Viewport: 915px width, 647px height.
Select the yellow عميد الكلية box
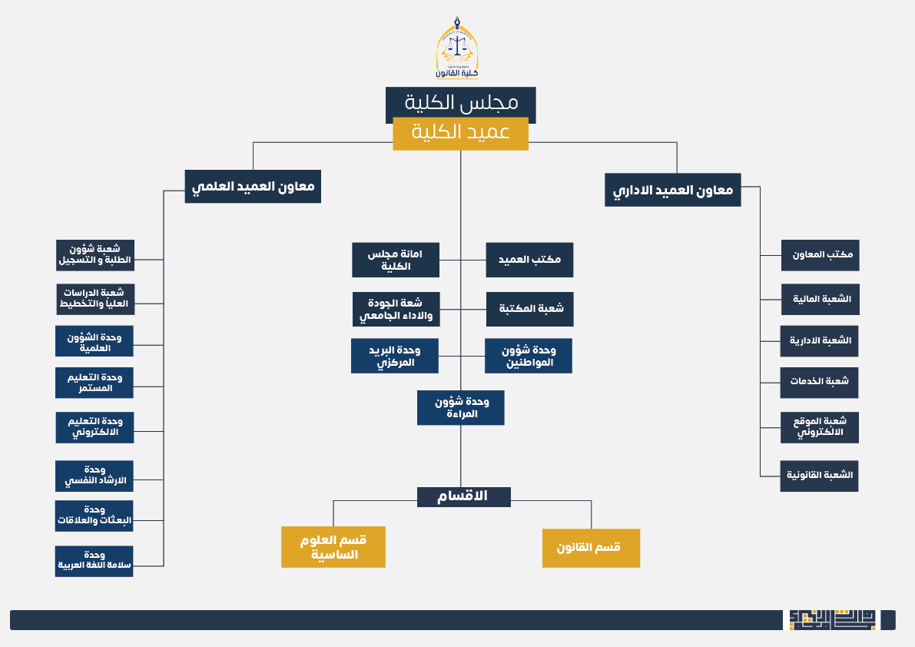(460, 133)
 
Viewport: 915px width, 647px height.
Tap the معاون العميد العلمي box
(253, 187)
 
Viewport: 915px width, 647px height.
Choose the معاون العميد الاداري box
(673, 190)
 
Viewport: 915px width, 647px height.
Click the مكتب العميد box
(529, 260)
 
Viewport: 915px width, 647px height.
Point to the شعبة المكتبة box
(530, 309)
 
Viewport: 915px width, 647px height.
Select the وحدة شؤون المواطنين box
(529, 357)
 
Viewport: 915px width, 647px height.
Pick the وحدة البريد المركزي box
(395, 356)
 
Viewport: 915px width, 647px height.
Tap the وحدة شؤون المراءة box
(461, 408)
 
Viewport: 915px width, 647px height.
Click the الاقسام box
(464, 496)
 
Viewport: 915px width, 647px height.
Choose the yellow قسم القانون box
(591, 548)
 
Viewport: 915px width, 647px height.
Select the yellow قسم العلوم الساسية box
(333, 547)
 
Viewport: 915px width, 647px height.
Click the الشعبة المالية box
(820, 299)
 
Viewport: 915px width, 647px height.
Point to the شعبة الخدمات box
(819, 382)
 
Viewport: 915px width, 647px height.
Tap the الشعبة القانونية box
(819, 476)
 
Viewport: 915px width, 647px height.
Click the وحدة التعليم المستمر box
(94, 383)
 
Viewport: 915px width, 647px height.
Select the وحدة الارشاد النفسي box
(94, 476)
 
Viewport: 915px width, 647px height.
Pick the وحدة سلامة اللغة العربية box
(94, 561)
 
